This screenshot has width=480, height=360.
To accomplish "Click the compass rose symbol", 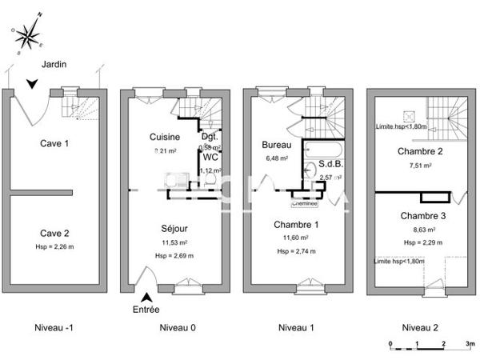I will (30, 34).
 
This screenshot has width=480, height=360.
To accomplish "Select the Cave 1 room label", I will (54, 143).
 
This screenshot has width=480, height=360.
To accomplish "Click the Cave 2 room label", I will (54, 233).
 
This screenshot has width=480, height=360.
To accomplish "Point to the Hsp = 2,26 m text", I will (54, 246).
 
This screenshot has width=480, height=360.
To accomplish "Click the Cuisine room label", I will (165, 137).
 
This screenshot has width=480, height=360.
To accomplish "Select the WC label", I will (210, 158).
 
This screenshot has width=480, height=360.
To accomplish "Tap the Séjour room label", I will (174, 227).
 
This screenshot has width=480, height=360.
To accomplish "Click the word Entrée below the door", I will (146, 309).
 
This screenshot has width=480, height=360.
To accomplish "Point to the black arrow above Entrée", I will (146, 298).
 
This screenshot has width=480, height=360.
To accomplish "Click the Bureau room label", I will (275, 146).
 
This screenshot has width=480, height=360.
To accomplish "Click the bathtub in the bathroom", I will (323, 149).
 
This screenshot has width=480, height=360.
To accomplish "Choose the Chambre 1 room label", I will (296, 225).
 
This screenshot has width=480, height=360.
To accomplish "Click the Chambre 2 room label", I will (417, 152).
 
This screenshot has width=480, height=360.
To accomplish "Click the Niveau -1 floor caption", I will (54, 328).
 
